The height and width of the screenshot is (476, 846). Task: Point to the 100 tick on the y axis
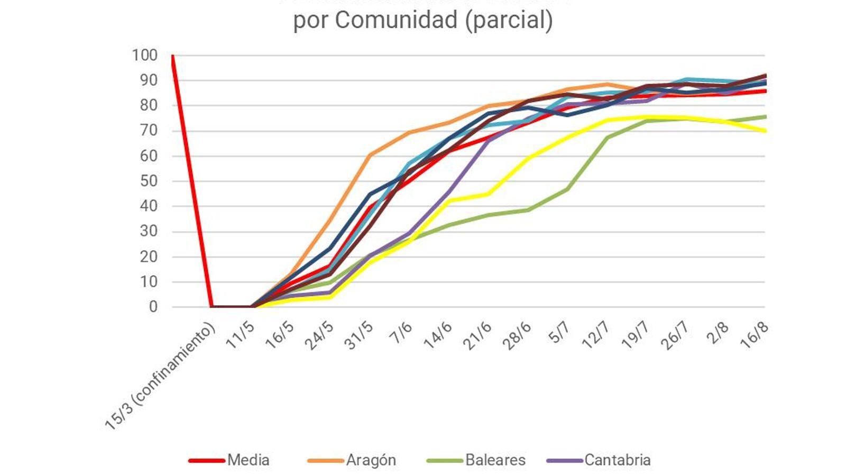[144, 55]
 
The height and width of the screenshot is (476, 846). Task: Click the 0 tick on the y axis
[153, 307]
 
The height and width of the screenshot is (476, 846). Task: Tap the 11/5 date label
[241, 335]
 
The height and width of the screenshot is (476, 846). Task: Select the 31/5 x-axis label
[358, 336]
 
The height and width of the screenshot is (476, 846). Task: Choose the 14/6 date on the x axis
[438, 335]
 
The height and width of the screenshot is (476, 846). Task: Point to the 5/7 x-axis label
[559, 333]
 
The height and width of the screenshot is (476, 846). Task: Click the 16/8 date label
[754, 335]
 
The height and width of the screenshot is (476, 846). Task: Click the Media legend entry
[248, 460]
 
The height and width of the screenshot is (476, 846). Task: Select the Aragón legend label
[371, 460]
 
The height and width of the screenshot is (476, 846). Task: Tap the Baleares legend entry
[495, 460]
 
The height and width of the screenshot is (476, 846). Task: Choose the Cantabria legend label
[617, 460]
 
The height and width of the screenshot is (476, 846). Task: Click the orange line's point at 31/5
[370, 155]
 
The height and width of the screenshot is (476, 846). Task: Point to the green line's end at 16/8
[765, 117]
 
